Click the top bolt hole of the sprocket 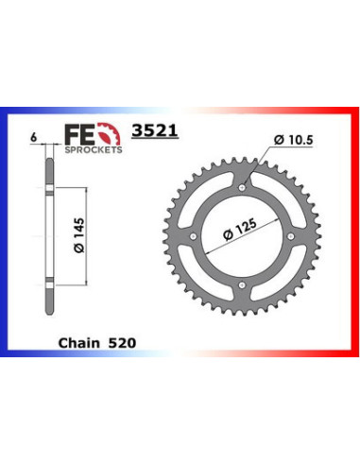(x=242, y=189)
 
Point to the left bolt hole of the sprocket (x=197, y=234)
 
